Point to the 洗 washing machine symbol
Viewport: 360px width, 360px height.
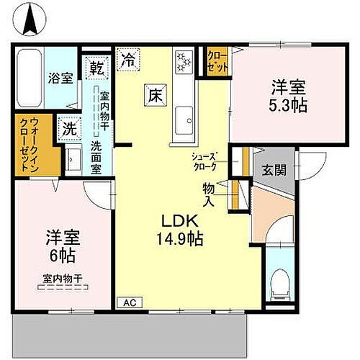[x=69, y=129]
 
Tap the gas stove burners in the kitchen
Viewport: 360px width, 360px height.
[x=184, y=63]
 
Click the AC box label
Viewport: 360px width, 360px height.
[x=130, y=302]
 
